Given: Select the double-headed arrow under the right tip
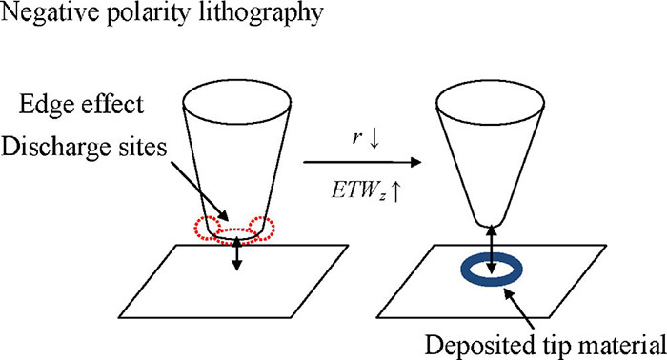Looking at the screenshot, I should pos(493,249).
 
